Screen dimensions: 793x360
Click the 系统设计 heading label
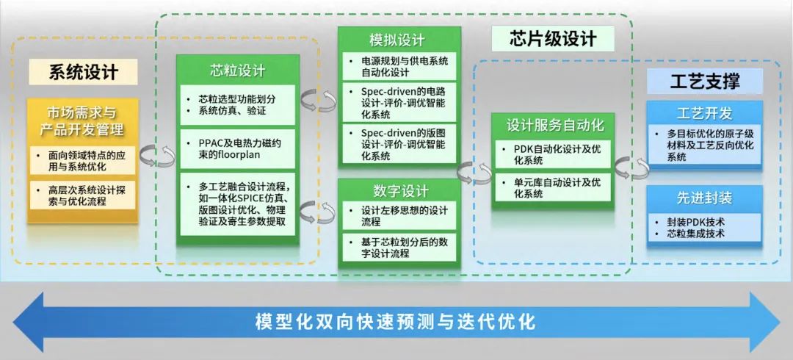(84, 72)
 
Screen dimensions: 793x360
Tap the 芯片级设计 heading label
(553, 38)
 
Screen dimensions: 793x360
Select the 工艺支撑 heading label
(705, 81)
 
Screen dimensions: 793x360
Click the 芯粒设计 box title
(238, 71)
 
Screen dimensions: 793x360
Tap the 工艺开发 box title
(704, 113)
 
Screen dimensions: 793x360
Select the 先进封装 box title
(704, 198)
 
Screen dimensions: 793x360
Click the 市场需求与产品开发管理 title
(82, 121)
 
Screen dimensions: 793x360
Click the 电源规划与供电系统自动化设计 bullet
(399, 66)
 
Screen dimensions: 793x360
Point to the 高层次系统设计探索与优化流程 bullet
(82, 195)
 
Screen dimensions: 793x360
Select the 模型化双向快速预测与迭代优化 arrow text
(395, 322)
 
